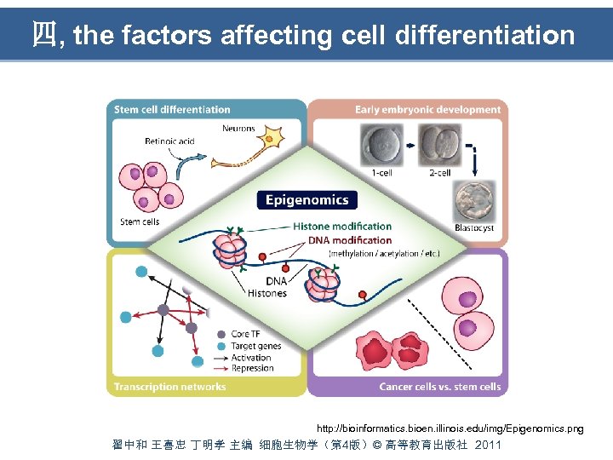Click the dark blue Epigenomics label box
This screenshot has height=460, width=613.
tap(306, 201)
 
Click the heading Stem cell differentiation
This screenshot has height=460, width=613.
tap(172, 109)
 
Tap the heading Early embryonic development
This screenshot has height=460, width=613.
tap(427, 109)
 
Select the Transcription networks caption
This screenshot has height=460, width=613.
tap(170, 386)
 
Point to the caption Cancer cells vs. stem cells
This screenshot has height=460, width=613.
tap(439, 386)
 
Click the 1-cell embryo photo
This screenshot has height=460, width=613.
tap(381, 146)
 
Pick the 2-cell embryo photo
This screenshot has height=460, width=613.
tap(439, 146)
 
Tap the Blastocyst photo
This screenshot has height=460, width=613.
tap(473, 202)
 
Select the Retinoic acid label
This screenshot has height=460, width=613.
tap(169, 141)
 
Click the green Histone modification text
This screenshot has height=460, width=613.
tap(342, 227)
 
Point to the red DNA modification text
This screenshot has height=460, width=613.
tap(349, 240)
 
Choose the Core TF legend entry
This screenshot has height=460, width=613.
tap(245, 335)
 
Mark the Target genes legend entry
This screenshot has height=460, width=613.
tap(255, 346)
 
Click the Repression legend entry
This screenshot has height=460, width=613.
tap(252, 368)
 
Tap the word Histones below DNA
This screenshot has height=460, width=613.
tap(267, 294)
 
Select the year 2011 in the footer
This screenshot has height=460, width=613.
tap(489, 446)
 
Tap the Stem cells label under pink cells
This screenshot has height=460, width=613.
tap(140, 222)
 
